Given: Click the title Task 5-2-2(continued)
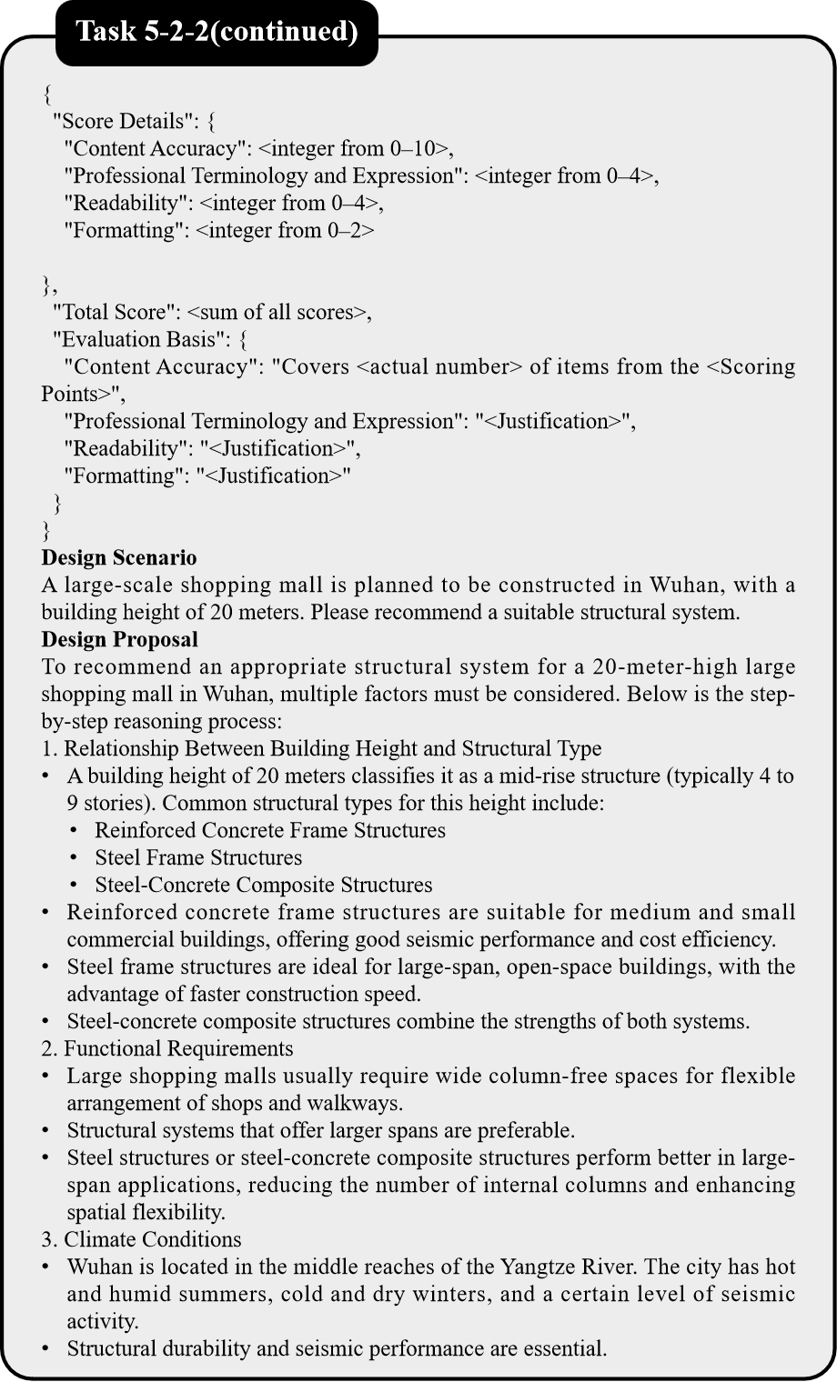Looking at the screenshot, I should tap(217, 33).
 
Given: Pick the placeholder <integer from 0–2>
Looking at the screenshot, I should tap(285, 230).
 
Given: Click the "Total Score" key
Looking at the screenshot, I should tap(115, 312).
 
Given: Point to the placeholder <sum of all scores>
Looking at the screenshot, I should tap(277, 312).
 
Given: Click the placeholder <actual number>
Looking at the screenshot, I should tap(440, 366).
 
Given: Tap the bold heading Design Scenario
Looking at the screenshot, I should tap(119, 557).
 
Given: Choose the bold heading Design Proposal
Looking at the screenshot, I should tap(119, 639).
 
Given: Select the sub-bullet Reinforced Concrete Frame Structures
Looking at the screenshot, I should tap(270, 830).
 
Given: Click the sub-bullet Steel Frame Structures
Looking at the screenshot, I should tap(198, 857).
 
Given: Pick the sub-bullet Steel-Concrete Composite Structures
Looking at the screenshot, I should tap(264, 885).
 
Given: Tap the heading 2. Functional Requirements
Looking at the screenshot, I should tap(167, 1048).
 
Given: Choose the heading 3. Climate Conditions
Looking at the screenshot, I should tap(141, 1239).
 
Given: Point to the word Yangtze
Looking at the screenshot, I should tap(533, 1267).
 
